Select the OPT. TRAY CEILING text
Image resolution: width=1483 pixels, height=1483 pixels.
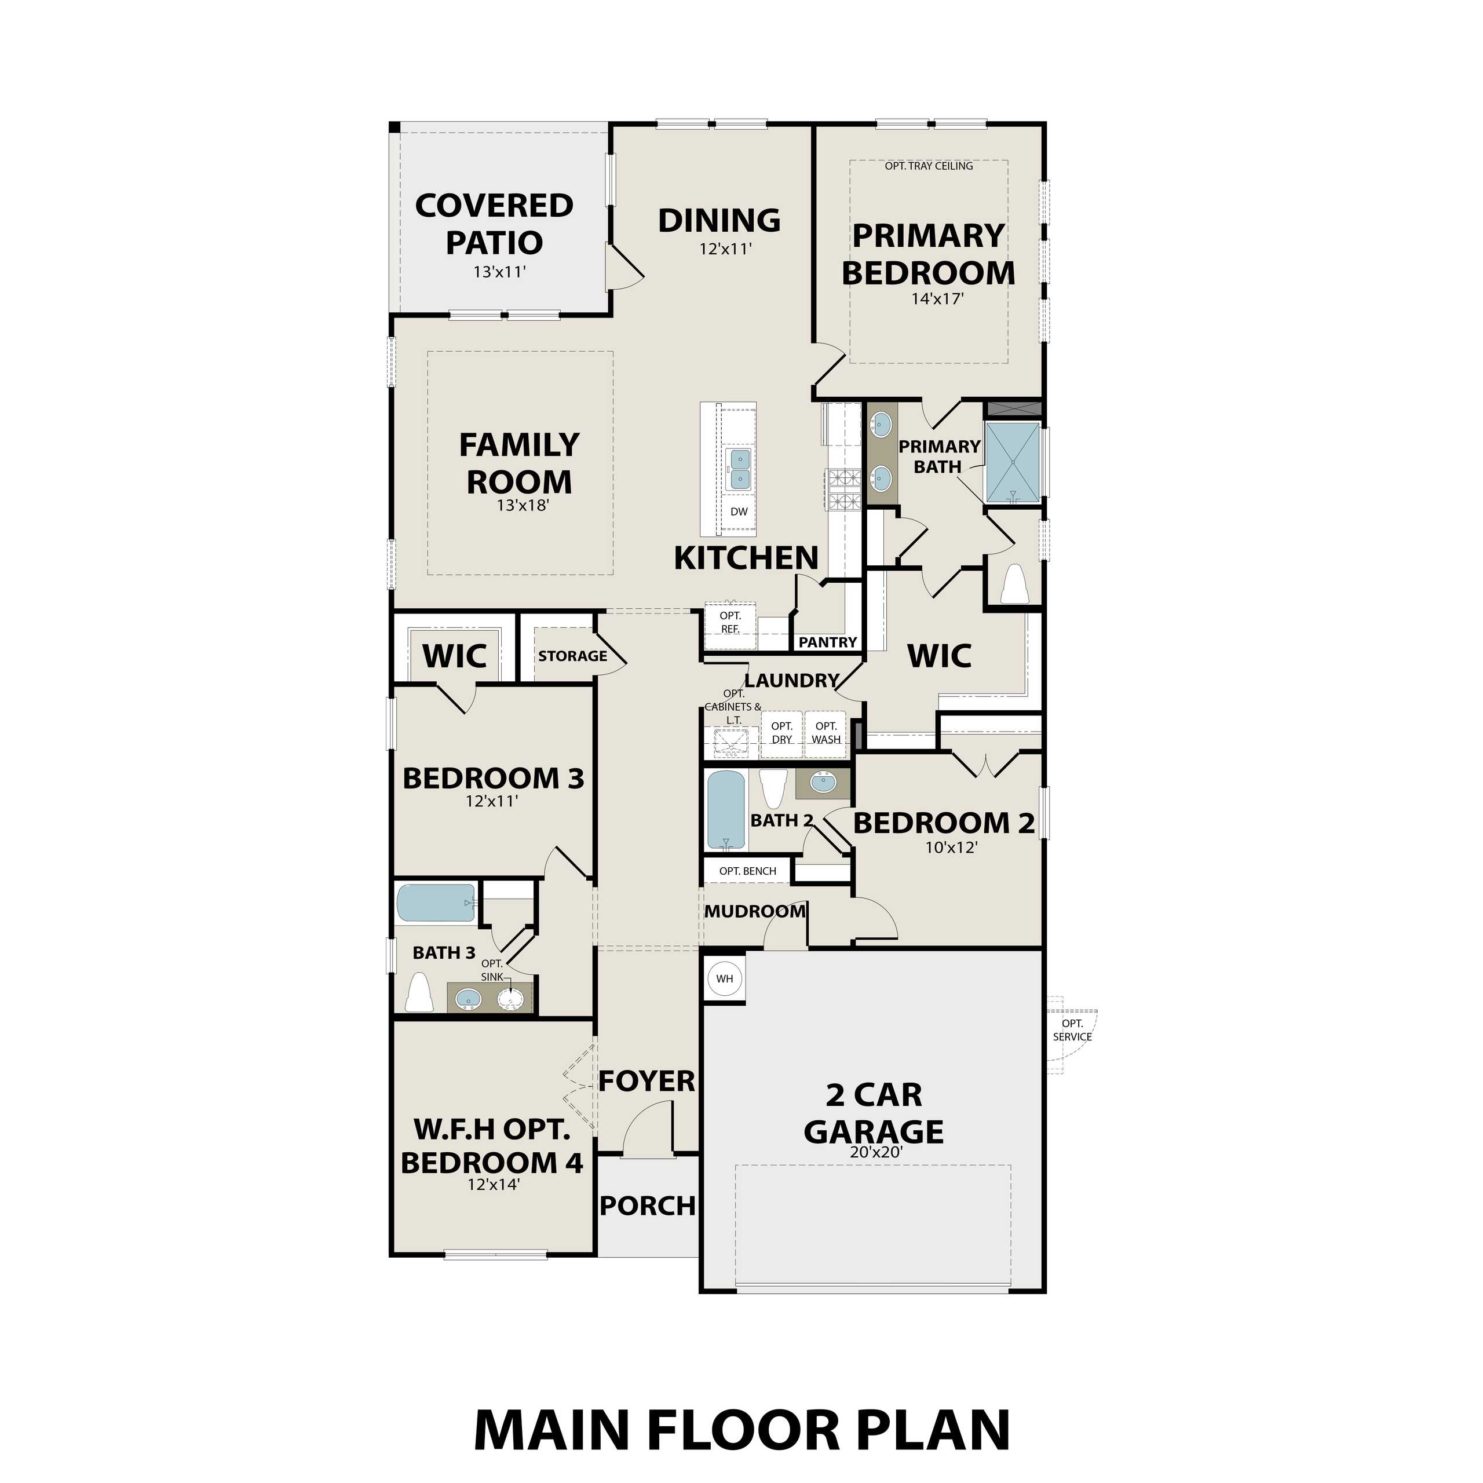click(x=929, y=166)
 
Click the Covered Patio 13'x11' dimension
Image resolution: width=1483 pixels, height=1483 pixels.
click(x=499, y=272)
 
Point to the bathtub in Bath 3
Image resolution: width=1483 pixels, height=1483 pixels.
click(x=435, y=904)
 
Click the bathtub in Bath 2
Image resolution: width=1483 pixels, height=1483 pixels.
click(x=726, y=810)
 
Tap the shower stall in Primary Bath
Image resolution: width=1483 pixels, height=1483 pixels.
click(x=1013, y=463)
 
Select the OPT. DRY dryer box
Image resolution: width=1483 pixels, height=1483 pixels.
click(x=781, y=733)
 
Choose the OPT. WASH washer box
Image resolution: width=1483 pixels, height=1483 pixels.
click(x=826, y=733)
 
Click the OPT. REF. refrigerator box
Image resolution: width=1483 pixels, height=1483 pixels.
click(x=730, y=623)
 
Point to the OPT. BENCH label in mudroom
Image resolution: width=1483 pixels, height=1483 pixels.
click(x=748, y=871)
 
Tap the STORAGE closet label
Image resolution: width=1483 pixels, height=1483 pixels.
click(x=572, y=656)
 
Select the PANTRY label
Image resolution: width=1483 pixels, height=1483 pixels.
click(x=827, y=642)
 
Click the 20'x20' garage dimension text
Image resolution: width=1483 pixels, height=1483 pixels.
click(x=875, y=1152)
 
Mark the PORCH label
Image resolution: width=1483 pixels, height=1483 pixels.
click(x=647, y=1206)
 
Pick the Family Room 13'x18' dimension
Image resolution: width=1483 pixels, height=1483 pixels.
click(x=522, y=505)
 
